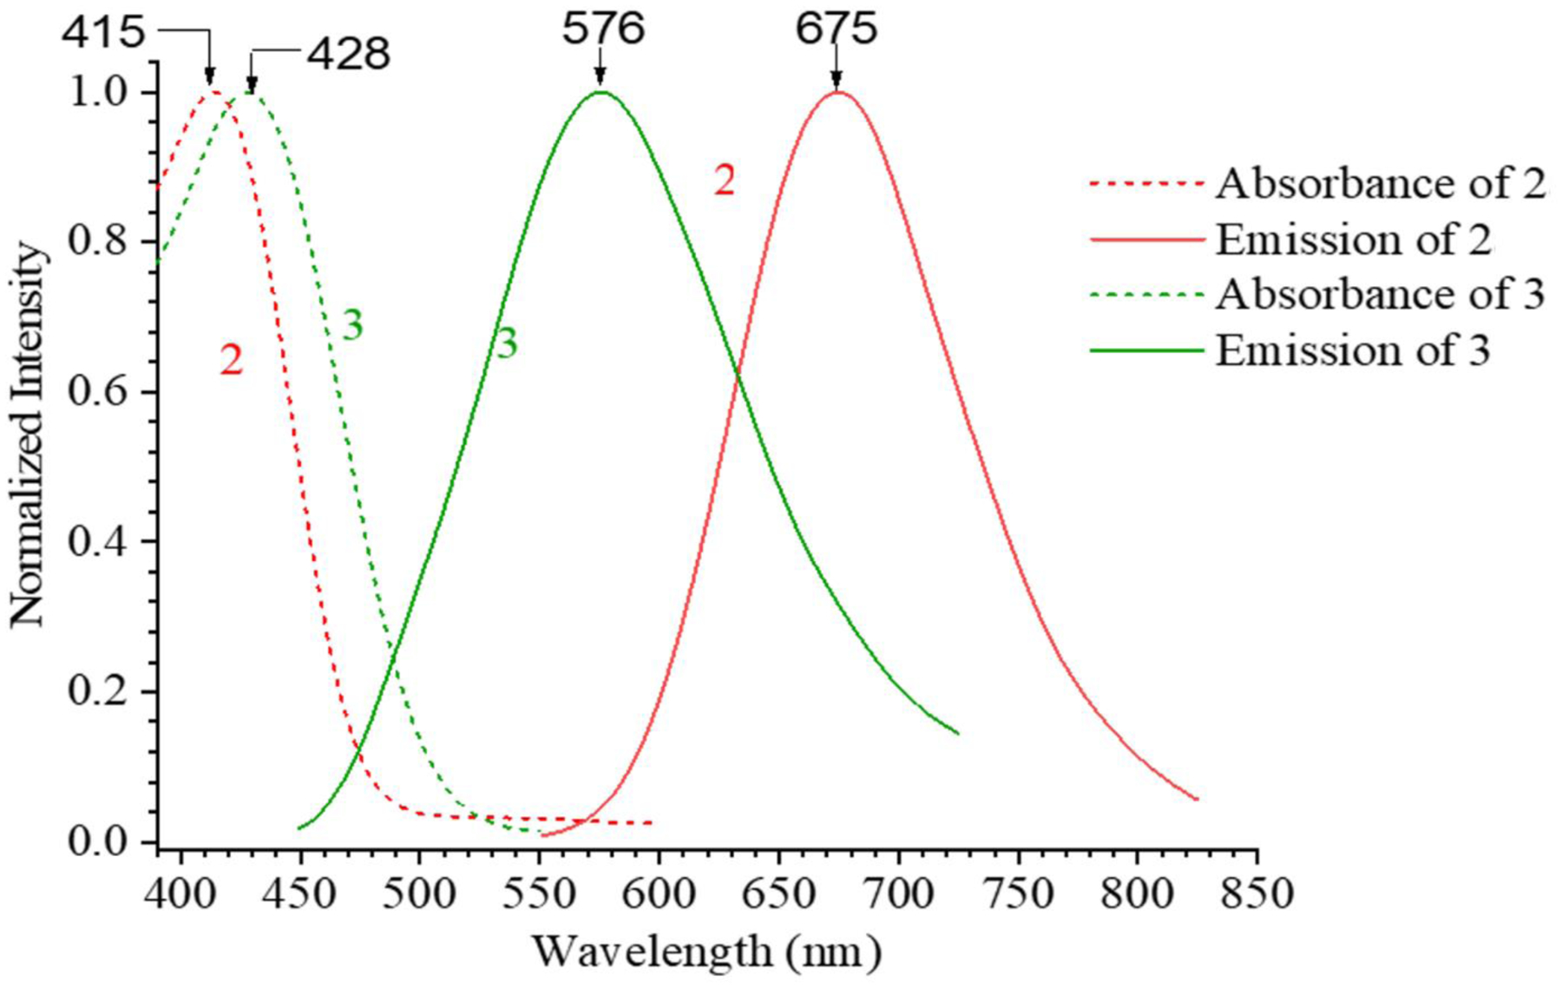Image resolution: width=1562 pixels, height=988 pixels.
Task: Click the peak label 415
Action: [x=103, y=33]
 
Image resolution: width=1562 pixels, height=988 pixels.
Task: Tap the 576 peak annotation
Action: [x=602, y=29]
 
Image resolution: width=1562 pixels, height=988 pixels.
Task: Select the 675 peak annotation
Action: [x=837, y=29]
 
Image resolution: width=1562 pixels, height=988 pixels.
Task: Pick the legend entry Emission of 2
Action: [x=1353, y=239]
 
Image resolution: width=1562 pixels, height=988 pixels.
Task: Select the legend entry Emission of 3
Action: [x=1353, y=350]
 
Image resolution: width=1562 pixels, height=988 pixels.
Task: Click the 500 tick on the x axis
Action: [x=420, y=893]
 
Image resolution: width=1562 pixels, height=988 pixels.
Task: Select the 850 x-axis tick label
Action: [x=1257, y=893]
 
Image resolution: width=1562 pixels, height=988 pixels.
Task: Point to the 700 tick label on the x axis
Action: [x=898, y=893]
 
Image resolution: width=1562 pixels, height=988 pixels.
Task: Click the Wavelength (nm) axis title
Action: [x=706, y=952]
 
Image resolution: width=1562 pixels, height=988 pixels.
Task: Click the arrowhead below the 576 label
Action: [x=600, y=80]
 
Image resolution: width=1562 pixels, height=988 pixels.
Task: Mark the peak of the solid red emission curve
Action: [x=837, y=92]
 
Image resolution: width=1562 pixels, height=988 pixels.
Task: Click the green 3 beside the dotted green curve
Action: [x=352, y=325]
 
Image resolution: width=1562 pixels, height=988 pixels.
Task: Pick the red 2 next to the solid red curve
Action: [x=725, y=180]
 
